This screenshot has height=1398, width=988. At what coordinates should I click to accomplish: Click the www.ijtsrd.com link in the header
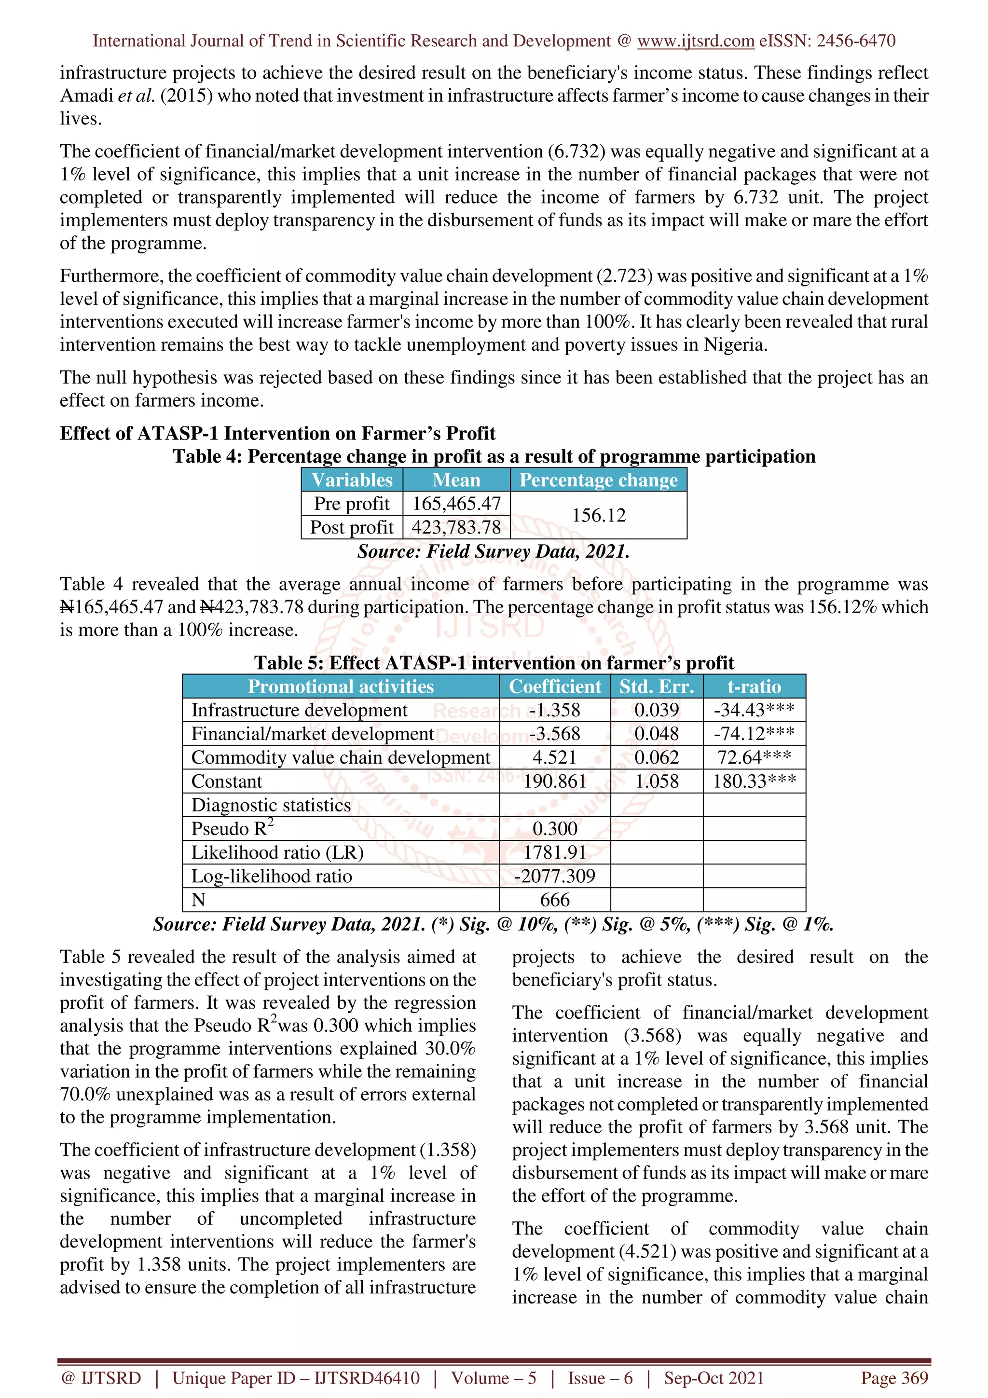(695, 41)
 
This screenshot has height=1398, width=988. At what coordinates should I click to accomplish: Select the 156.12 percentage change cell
(598, 515)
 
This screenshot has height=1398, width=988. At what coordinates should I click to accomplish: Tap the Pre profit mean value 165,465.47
(456, 504)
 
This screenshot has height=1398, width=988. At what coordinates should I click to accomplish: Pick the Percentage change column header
(598, 480)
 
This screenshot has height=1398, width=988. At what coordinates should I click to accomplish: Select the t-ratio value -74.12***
(754, 734)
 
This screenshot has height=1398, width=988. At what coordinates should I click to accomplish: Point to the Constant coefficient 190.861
(555, 781)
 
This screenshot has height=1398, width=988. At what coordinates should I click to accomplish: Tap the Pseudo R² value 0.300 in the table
(555, 829)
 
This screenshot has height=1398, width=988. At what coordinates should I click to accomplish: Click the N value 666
(555, 900)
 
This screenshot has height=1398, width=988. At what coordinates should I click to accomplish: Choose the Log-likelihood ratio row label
(272, 876)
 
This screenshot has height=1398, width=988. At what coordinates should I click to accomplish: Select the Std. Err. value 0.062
(656, 757)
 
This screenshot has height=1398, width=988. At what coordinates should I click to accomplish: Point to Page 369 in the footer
(893, 1378)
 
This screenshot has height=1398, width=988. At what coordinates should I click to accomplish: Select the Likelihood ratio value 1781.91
(555, 852)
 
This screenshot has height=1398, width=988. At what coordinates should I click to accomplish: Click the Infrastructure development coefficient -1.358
(555, 710)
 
